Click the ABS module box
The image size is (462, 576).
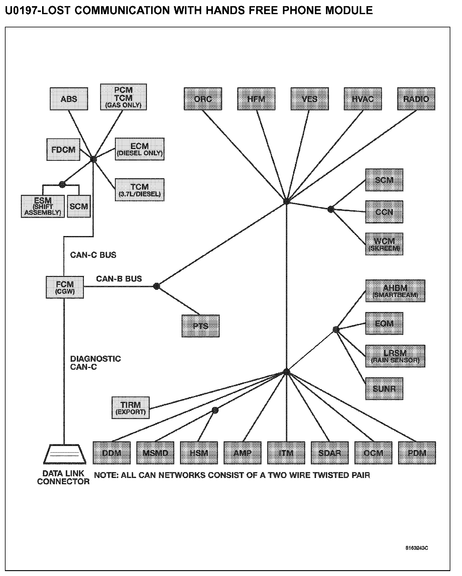click(69, 99)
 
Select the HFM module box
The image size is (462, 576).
click(256, 99)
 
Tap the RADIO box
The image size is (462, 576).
click(416, 99)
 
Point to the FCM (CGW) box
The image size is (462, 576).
click(65, 287)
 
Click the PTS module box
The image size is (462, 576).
click(201, 326)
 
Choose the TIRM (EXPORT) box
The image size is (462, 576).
click(131, 408)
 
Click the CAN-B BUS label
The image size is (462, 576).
click(119, 279)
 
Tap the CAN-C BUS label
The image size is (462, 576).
click(93, 255)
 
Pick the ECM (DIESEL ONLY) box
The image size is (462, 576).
click(140, 149)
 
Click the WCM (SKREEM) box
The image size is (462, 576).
click(384, 244)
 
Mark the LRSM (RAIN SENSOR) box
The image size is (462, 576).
click(395, 356)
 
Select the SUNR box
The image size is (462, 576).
click(384, 389)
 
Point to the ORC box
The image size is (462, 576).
click(203, 99)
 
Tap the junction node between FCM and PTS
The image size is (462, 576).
click(157, 286)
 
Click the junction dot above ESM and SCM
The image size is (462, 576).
click(62, 184)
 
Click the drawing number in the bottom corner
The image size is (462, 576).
click(417, 548)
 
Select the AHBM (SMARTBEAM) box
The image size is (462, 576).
click(395, 291)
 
